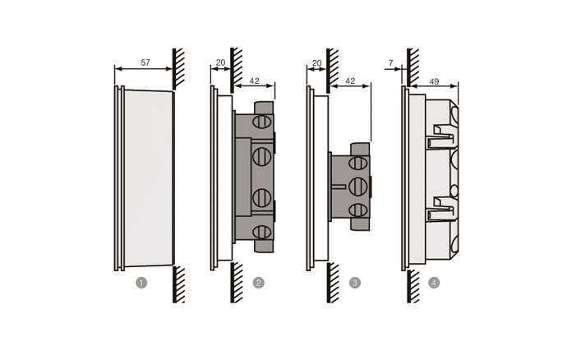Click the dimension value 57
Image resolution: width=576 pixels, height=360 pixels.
pos(145,62)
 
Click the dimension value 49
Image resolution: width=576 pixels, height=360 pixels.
pos(434,81)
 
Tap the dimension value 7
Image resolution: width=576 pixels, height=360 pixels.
pos(391,62)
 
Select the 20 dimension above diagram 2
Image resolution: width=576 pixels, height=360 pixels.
pos(220,62)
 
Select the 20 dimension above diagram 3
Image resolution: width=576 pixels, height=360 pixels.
pos(316,62)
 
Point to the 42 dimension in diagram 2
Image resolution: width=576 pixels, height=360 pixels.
pos(254,81)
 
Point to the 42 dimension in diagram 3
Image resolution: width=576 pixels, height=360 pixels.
pos(351,81)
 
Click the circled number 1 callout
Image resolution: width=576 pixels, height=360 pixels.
pos(141,283)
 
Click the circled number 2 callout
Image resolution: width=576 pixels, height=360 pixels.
pos(259,283)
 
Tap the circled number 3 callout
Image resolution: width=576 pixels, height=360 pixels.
pos(355,283)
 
